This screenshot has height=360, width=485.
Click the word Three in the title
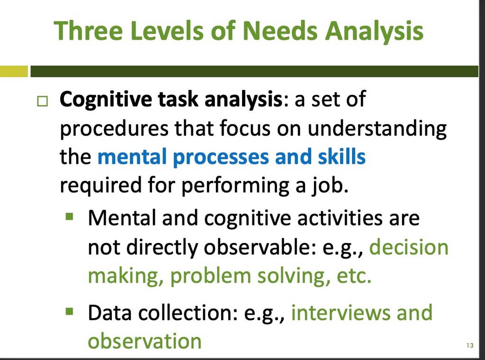(x=89, y=31)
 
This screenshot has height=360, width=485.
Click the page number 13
(x=470, y=345)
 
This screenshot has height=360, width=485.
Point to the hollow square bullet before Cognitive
(x=42, y=101)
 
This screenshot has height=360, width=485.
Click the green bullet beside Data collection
(x=70, y=310)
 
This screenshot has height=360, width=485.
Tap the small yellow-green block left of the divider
(x=14, y=72)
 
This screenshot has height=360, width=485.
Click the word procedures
(x=114, y=128)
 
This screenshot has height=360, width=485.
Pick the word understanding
(x=377, y=128)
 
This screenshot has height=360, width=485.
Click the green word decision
(x=409, y=247)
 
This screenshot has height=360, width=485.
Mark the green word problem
(x=210, y=276)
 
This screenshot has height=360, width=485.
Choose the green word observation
(x=145, y=341)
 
